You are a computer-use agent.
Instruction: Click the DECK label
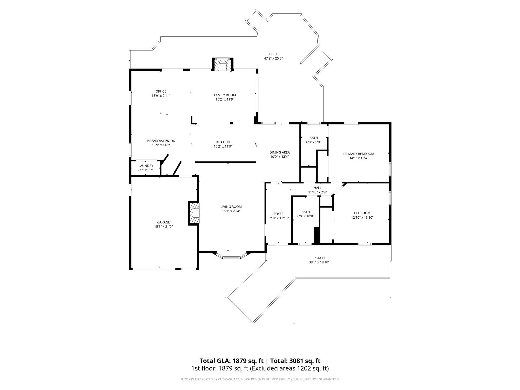tap(273, 54)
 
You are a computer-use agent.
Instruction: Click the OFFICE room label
tap(161, 91)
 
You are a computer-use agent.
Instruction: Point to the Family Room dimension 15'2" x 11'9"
tap(225, 99)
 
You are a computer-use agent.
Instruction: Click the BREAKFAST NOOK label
tap(161, 141)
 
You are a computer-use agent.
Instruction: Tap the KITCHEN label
tap(223, 142)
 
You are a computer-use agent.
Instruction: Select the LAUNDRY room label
tap(146, 166)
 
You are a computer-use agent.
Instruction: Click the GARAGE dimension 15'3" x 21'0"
tap(164, 226)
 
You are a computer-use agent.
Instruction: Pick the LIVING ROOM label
tap(231, 207)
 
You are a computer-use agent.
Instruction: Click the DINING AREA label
tap(280, 152)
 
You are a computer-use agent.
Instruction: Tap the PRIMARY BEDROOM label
tap(359, 154)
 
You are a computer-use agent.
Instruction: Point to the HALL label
tap(317, 188)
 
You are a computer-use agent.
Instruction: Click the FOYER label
tap(279, 214)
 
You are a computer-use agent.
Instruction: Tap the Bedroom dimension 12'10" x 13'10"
tap(362, 217)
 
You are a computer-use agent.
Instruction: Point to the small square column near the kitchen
tap(231, 123)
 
